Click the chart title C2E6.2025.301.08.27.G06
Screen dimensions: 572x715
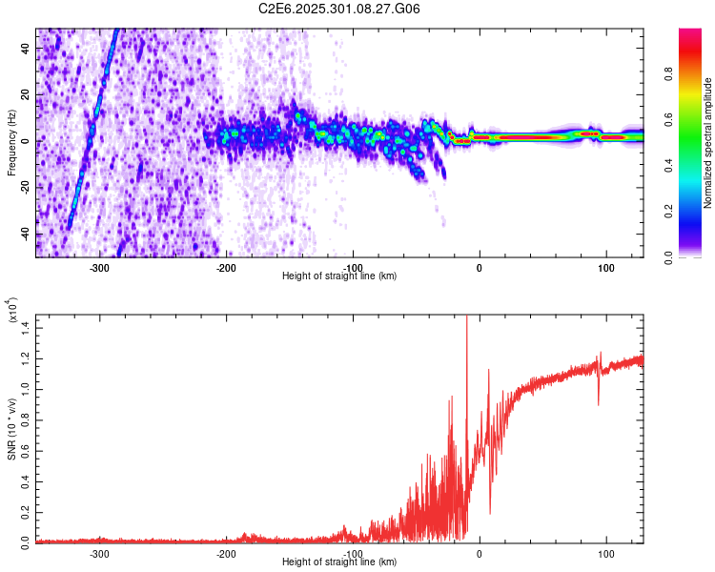point(340,9)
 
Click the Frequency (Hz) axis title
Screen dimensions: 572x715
point(11,142)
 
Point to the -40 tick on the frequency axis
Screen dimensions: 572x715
point(25,233)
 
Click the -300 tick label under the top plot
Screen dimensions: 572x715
point(100,266)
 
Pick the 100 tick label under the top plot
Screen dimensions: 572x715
point(605,266)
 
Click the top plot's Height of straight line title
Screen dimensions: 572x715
point(339,276)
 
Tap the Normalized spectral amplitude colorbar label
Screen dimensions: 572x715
point(708,144)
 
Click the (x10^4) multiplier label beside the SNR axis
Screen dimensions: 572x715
point(11,311)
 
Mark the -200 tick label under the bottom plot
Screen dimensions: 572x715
point(226,552)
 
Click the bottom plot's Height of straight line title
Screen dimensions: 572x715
point(339,562)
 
